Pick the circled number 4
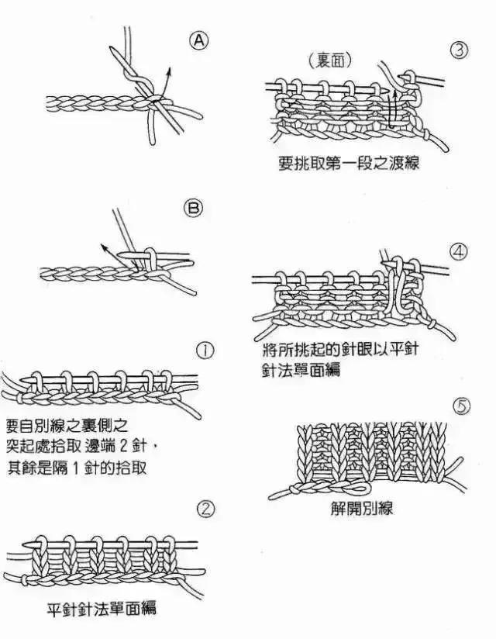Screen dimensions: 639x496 460,252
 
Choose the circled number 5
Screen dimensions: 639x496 460,406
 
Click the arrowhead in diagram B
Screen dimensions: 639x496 102,247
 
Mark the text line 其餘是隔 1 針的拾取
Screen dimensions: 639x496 77,468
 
